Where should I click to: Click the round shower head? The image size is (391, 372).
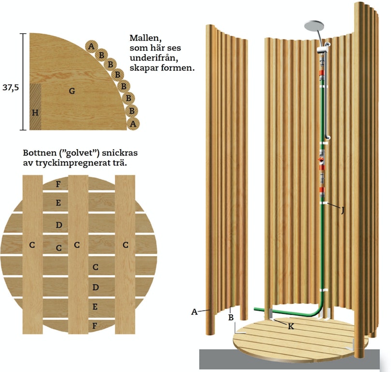[314, 26]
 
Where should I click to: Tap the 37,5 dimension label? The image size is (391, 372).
[11, 88]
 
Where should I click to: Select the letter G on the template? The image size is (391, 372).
[72, 91]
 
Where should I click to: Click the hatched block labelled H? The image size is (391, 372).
[35, 107]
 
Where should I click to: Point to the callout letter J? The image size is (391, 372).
[343, 211]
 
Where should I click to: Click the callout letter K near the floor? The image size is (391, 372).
[291, 326]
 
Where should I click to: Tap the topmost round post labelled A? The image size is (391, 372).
[91, 46]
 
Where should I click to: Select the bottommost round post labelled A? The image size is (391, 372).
[133, 124]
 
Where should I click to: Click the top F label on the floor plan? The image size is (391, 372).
[58, 185]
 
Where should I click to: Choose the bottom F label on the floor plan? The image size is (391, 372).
[95, 326]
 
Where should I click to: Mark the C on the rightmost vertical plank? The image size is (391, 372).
[126, 245]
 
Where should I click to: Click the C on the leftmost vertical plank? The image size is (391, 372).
[32, 245]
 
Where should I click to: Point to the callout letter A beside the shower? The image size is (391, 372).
[194, 312]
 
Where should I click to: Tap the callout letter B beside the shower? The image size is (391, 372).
[231, 317]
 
